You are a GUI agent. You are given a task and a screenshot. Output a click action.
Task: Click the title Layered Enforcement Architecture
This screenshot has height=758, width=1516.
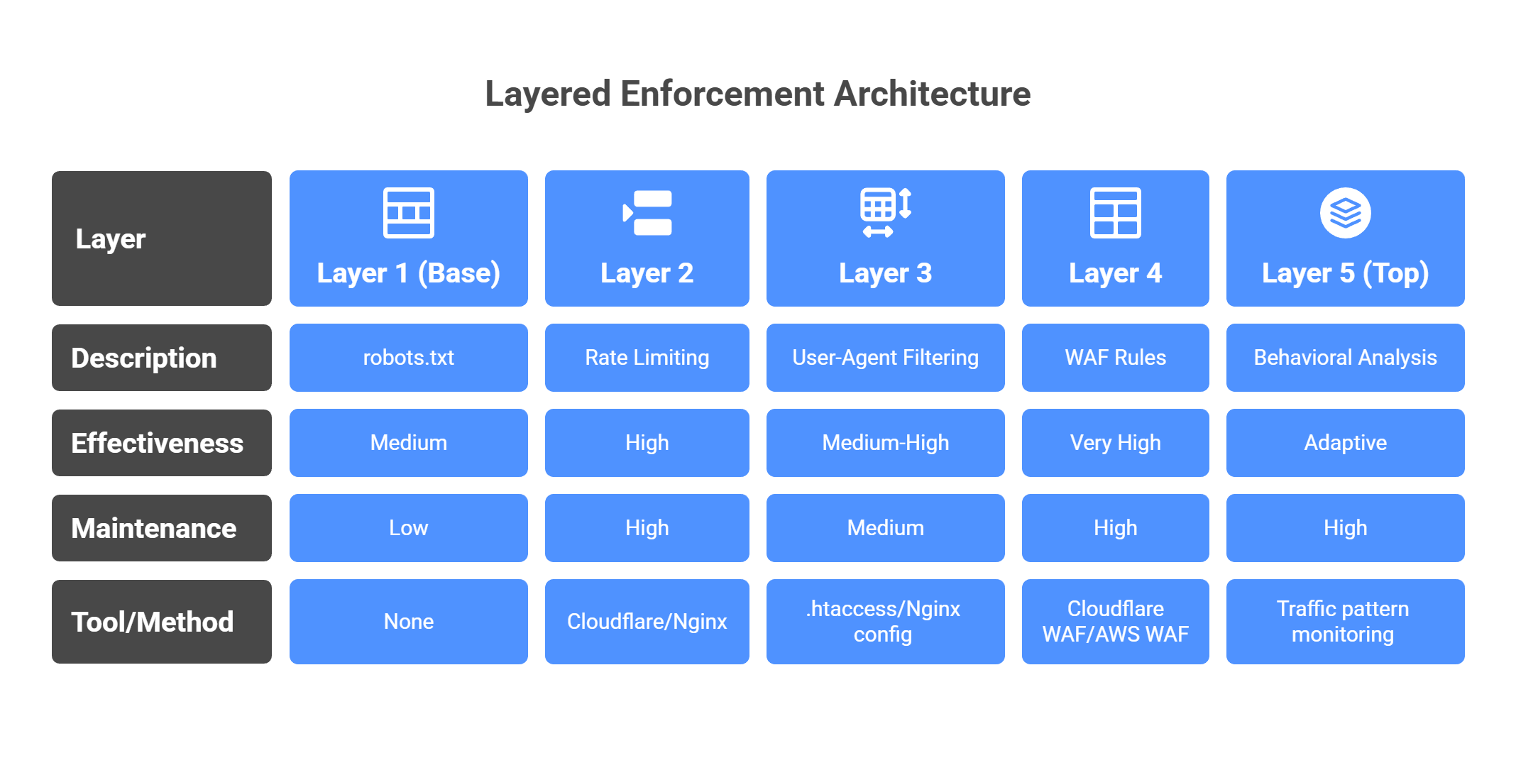click(757, 94)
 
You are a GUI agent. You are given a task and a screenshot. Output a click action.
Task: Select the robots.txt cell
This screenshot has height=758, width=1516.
click(408, 358)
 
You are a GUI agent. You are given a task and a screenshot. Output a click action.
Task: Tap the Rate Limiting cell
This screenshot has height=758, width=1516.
click(647, 358)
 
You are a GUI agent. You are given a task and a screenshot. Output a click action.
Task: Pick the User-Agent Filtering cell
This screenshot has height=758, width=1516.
click(885, 358)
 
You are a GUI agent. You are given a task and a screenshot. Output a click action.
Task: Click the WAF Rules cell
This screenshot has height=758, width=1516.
click(1115, 358)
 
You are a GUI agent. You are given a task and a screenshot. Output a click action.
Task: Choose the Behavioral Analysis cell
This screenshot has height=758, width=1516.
click(1345, 358)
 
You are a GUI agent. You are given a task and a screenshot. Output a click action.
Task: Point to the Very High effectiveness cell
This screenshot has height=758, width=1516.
click(1115, 443)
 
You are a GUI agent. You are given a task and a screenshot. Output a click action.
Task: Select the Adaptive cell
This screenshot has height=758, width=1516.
click(1345, 443)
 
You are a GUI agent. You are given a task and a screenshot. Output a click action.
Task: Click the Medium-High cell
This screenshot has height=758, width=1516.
click(885, 443)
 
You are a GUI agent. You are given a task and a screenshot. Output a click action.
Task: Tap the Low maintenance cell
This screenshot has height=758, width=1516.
click(408, 528)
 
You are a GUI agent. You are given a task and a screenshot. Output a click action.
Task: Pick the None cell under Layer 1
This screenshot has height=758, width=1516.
click(408, 622)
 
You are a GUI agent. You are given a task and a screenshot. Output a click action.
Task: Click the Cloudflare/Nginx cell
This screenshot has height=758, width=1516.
click(647, 622)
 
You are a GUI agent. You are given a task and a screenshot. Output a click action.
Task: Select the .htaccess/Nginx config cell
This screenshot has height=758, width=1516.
click(885, 622)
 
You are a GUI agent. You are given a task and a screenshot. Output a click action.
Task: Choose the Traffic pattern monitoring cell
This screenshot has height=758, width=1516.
click(1345, 622)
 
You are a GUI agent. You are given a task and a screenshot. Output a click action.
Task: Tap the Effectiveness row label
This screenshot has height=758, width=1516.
click(158, 443)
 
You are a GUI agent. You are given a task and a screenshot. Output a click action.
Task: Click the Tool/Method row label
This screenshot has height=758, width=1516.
click(153, 622)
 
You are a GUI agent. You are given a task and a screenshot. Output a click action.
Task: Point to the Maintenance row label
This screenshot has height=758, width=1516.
click(154, 528)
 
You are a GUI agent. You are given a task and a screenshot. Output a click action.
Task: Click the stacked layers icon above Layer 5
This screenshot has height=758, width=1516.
click(1345, 213)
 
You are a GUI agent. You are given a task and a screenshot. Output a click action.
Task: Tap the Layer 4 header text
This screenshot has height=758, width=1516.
click(1115, 273)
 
